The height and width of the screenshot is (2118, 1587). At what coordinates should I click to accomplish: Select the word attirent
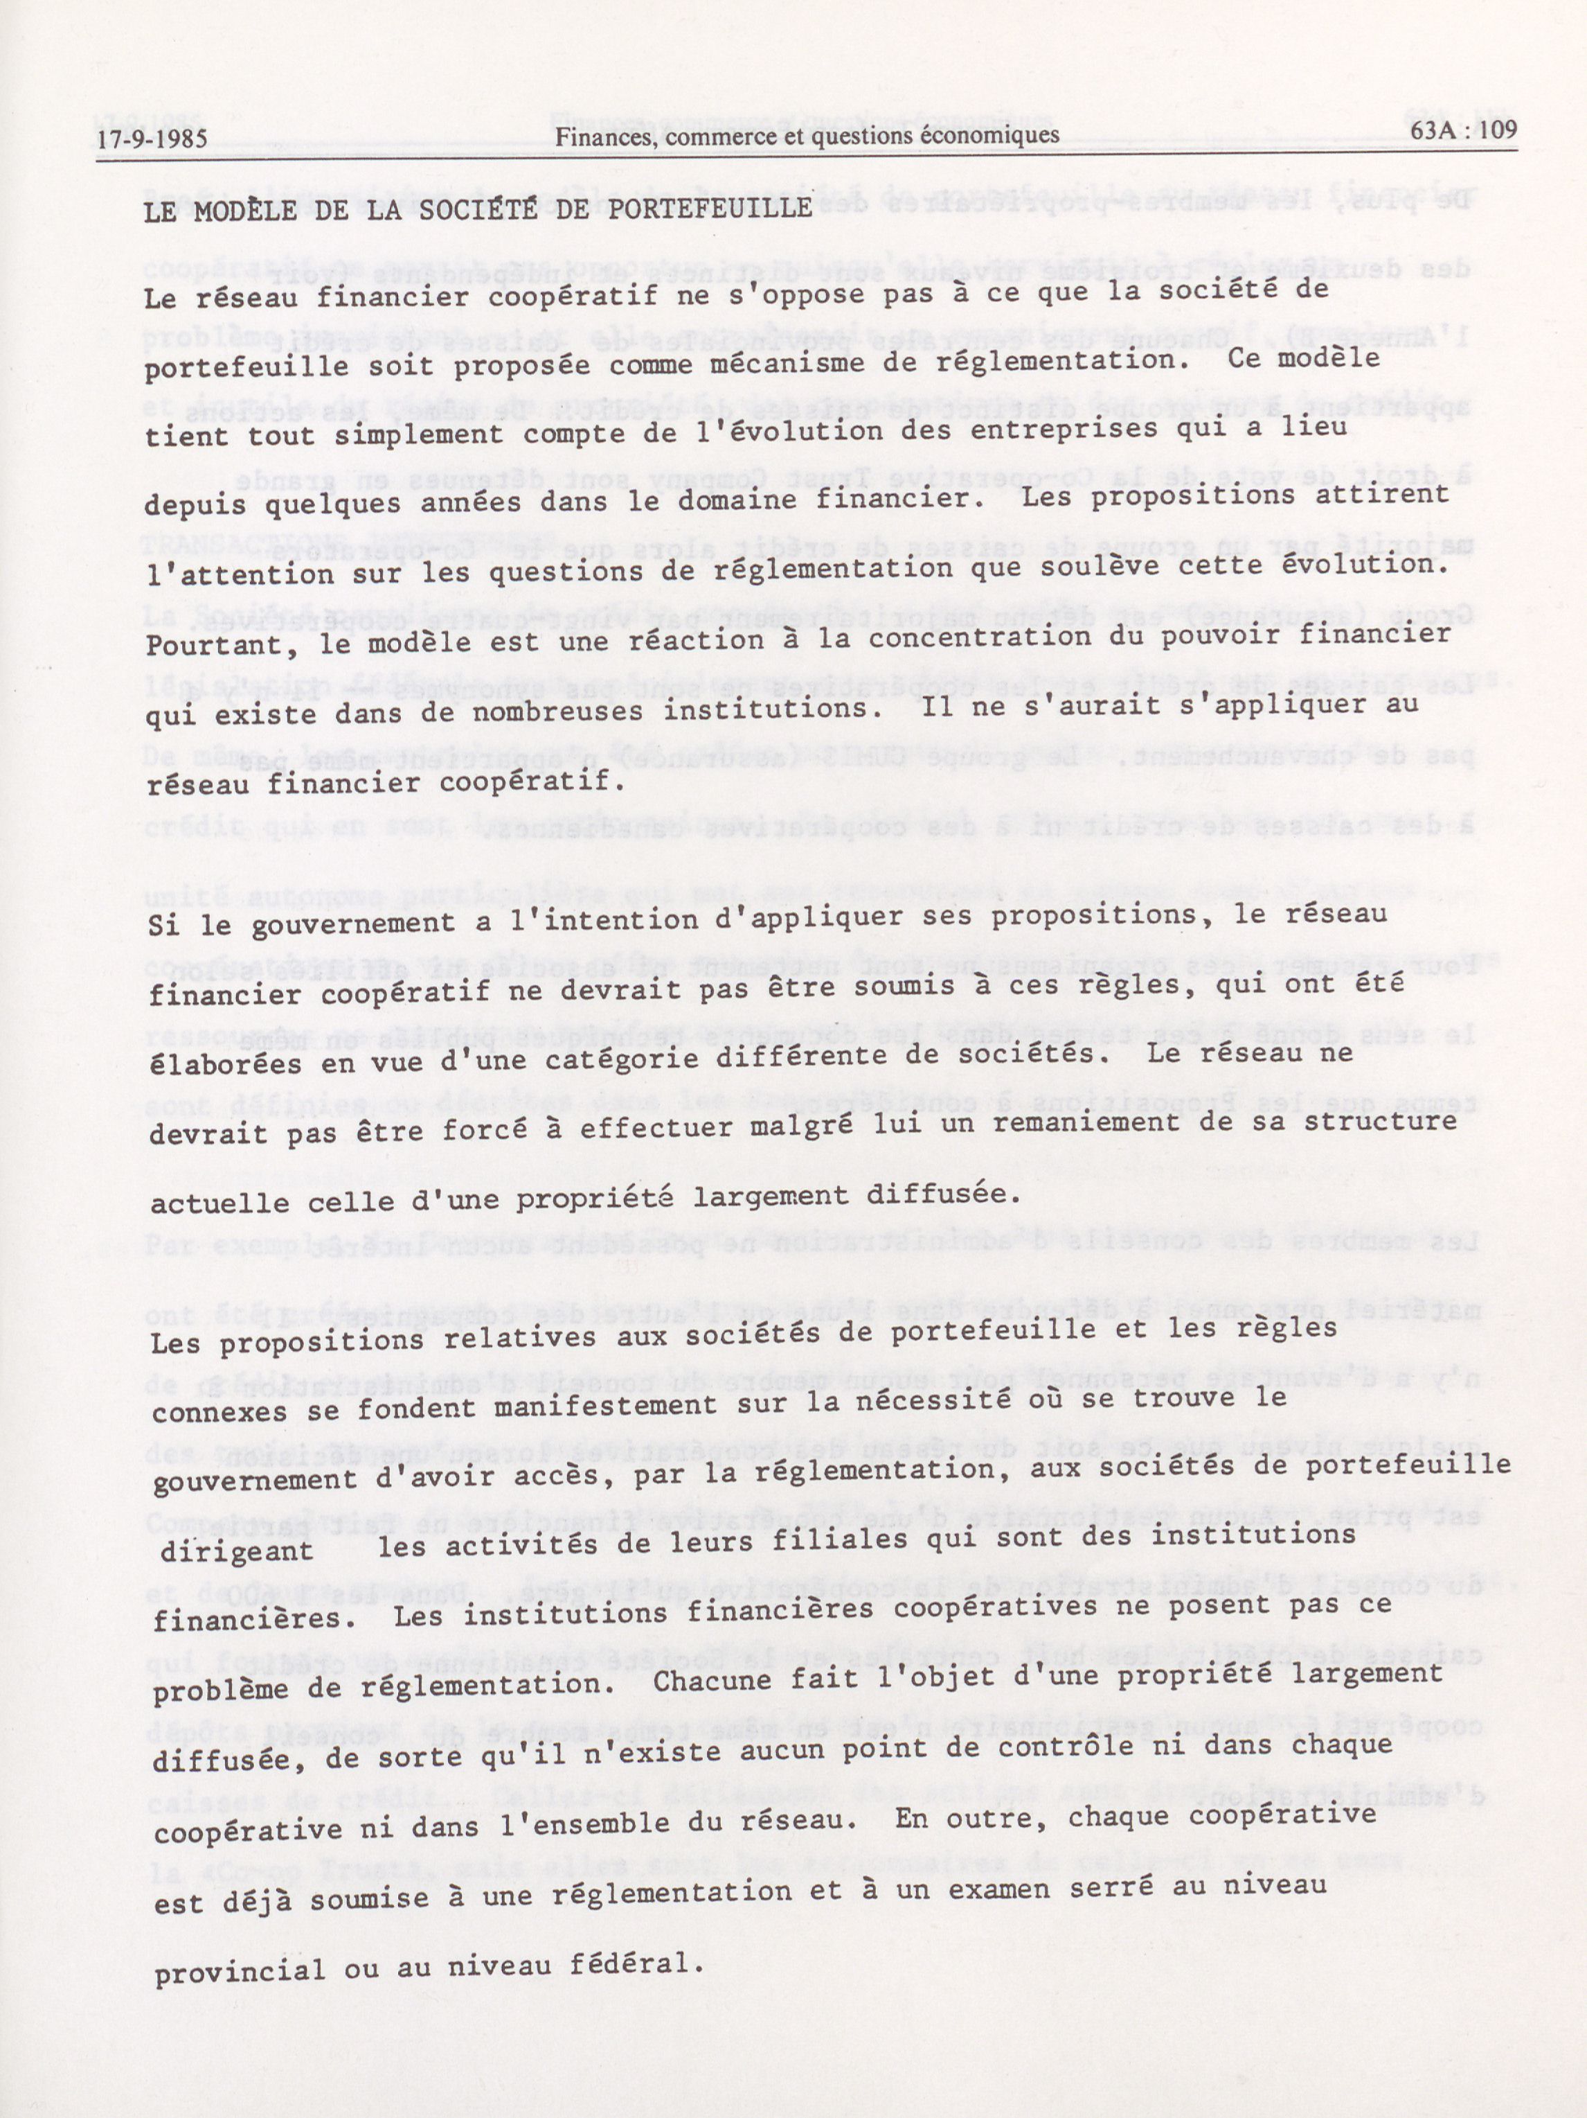1392,494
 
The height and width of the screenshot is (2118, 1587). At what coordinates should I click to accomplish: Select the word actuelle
207,1203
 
